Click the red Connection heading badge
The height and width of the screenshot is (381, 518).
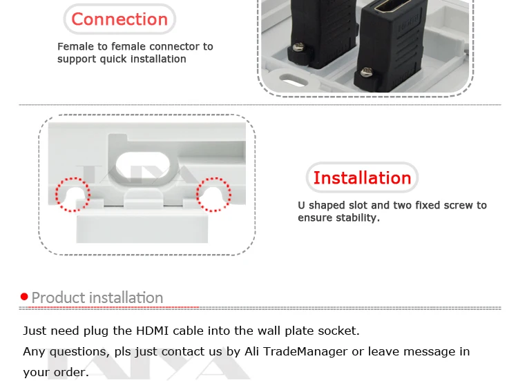coord(119,19)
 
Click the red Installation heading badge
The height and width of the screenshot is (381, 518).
coord(362,178)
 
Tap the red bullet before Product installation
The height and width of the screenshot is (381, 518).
coord(24,297)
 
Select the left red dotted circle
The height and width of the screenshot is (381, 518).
coord(73,195)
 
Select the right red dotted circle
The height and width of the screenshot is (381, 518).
coord(213,195)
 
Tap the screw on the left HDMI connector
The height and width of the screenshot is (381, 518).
coord(300,47)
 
